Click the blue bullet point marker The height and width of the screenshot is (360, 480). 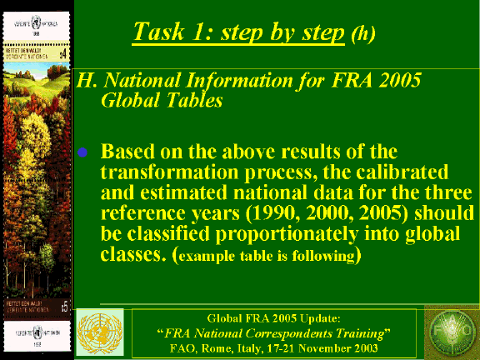pos(82,154)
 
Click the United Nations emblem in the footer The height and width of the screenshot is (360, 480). pos(100,332)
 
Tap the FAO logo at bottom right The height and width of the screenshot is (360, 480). pos(451,332)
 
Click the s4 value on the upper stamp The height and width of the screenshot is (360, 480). pos(62,53)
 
